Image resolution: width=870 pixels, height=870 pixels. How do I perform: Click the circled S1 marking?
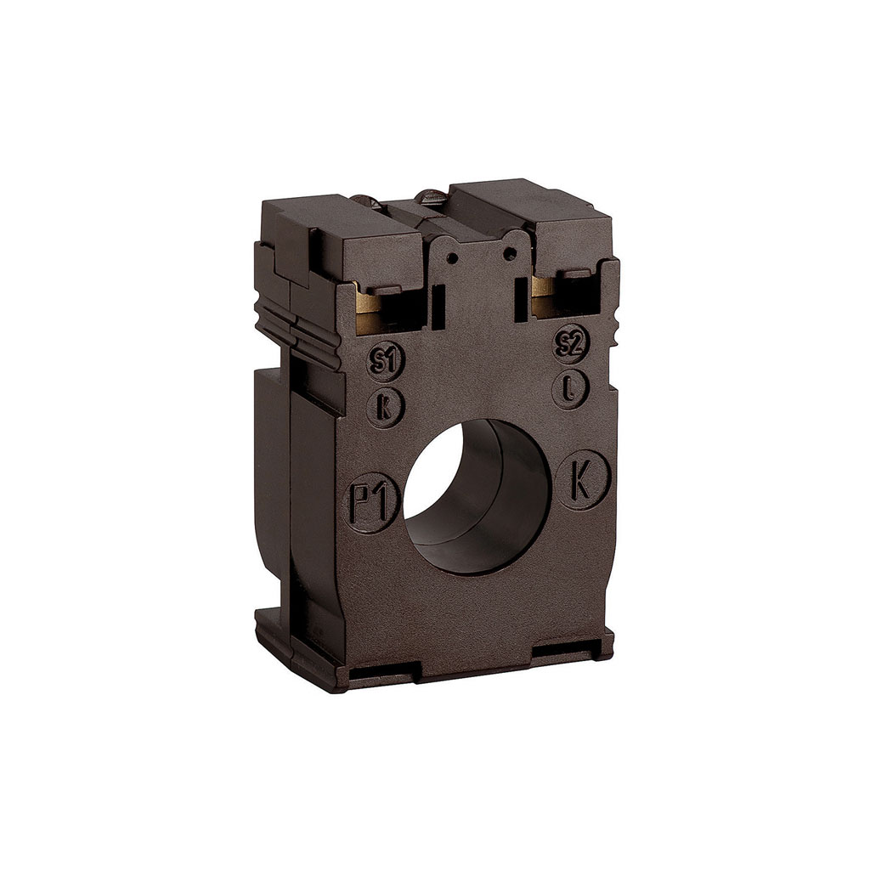[387, 362]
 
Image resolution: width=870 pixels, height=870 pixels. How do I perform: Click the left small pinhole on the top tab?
[454, 257]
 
